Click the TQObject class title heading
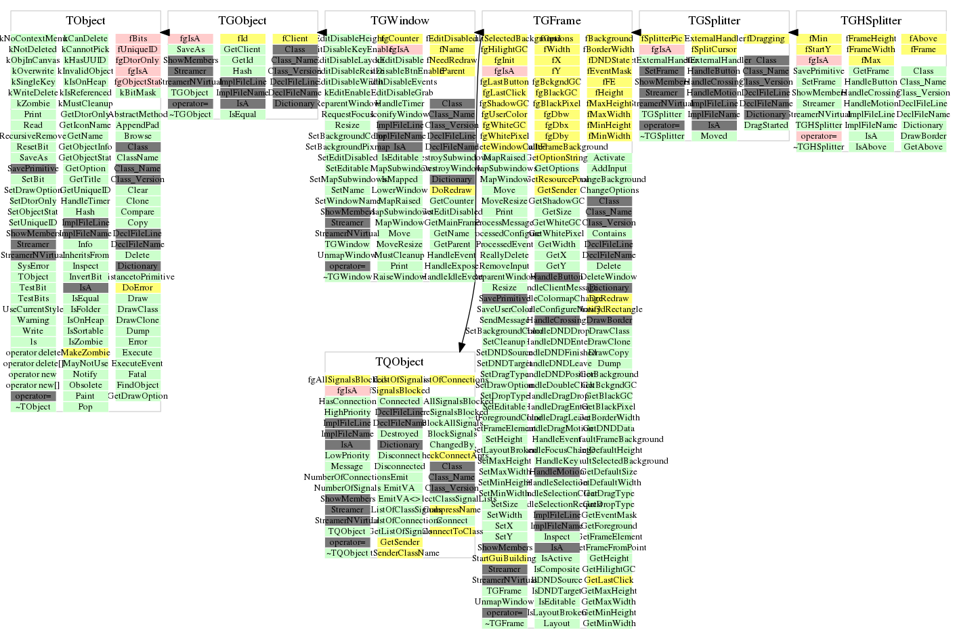(400, 362)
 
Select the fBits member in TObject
(138, 39)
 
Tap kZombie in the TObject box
(33, 104)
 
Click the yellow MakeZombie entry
(85, 353)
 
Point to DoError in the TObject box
(137, 288)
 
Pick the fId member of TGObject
(242, 39)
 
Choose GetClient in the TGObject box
(242, 49)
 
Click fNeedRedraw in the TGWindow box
(452, 60)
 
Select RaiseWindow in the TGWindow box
(400, 277)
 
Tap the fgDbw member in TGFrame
(556, 114)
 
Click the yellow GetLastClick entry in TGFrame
(609, 580)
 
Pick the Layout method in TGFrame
(557, 623)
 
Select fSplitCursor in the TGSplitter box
(714, 49)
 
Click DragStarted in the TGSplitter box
(766, 125)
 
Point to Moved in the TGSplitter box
(714, 136)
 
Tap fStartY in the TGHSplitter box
(818, 49)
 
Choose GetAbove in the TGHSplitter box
(923, 147)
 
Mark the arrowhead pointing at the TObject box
(165, 32)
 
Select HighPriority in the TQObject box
(347, 412)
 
